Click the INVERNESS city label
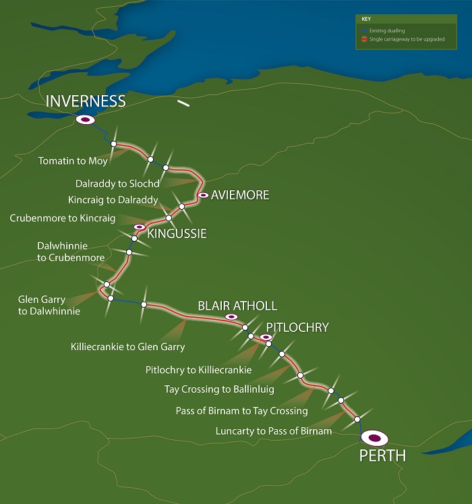[86, 101]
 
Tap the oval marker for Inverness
[86, 119]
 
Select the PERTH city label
[382, 456]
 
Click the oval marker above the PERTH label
[374, 438]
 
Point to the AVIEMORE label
[240, 195]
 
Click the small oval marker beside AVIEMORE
[202, 195]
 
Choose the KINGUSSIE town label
[177, 234]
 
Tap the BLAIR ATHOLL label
[237, 306]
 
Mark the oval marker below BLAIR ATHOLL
[231, 316]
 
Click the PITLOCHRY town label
[297, 327]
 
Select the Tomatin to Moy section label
[73, 161]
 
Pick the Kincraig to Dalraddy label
[113, 200]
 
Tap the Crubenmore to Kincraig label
[63, 218]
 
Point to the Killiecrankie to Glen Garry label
[127, 347]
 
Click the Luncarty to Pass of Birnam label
[274, 430]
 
